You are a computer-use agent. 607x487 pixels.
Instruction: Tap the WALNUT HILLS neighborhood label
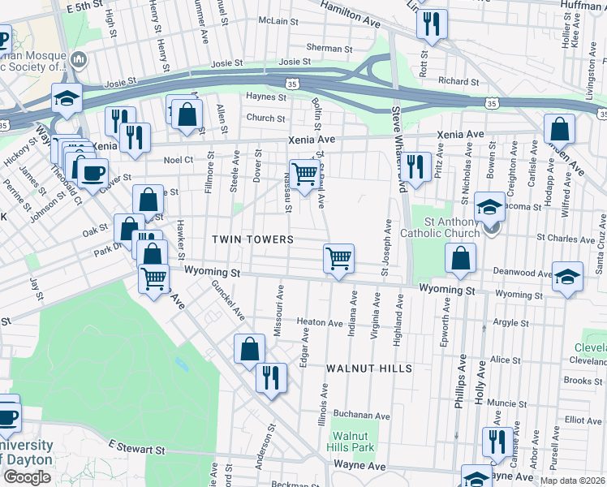click(x=369, y=368)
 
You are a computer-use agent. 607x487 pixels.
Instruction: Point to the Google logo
click(x=27, y=477)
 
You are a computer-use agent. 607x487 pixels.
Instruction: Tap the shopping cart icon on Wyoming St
click(x=338, y=259)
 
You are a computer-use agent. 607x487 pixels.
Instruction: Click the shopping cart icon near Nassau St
click(x=303, y=174)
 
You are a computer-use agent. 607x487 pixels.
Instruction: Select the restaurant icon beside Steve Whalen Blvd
click(x=417, y=168)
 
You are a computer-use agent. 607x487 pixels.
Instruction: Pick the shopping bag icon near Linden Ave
click(x=560, y=128)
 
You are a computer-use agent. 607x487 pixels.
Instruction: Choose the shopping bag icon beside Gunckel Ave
click(x=250, y=349)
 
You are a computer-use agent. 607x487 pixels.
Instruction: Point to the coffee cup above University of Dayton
click(x=6, y=416)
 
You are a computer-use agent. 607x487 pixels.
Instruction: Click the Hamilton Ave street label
click(x=350, y=16)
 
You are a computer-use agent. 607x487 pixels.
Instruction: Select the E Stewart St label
click(x=136, y=448)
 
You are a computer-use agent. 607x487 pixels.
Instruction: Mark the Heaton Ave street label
click(x=319, y=322)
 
